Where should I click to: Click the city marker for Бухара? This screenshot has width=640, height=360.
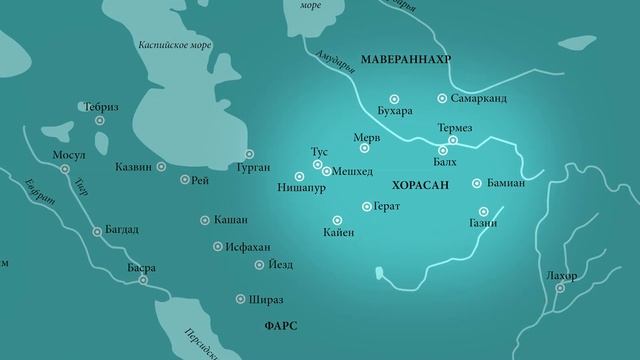tap(394, 98)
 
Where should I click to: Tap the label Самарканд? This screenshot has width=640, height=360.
tap(480, 99)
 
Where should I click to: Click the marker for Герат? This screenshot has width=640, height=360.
tap(366, 207)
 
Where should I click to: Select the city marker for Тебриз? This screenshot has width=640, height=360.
tap(101, 120)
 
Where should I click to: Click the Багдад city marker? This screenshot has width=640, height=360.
tap(97, 232)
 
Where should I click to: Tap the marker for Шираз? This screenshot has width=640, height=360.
tap(240, 299)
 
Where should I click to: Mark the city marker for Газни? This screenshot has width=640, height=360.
tap(484, 211)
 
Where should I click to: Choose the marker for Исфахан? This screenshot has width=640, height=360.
tap(218, 246)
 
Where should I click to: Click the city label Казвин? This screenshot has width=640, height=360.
tap(133, 167)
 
